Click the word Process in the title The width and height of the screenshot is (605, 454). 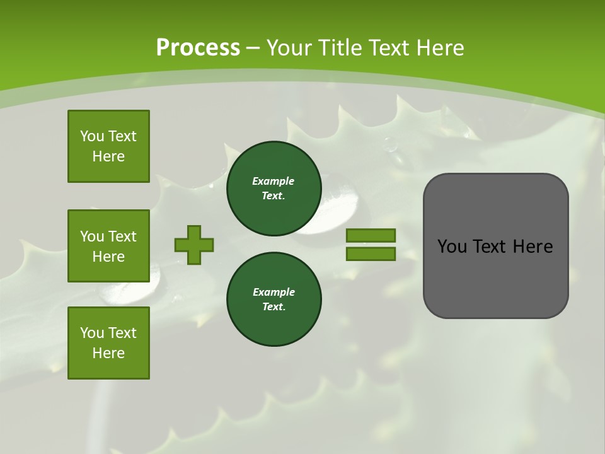[x=198, y=48]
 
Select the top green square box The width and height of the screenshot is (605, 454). [x=108, y=146]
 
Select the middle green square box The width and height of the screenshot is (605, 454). [x=108, y=246]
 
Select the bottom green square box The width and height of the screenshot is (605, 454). [x=108, y=343]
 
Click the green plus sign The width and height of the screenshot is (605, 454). [x=194, y=245]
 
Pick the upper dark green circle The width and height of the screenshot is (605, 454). [x=274, y=189]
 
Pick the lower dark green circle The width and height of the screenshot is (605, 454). [x=274, y=300]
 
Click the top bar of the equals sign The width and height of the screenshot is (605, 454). [x=371, y=235]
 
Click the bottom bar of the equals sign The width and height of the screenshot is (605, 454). [x=371, y=254]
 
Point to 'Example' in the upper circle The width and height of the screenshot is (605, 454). [x=274, y=181]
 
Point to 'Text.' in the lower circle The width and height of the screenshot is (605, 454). [x=274, y=307]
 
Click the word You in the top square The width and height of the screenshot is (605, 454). [x=92, y=136]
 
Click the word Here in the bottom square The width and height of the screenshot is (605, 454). [x=108, y=353]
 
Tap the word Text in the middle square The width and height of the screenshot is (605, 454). [x=122, y=236]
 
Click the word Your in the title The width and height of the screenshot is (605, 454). [x=289, y=48]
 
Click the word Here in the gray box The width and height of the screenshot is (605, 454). [x=533, y=247]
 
